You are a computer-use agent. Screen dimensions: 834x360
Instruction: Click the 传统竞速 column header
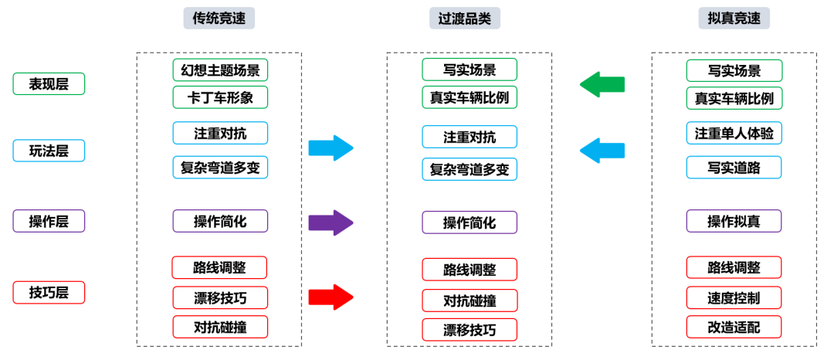coord(219,19)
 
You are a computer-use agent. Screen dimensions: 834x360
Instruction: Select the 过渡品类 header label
coord(465,19)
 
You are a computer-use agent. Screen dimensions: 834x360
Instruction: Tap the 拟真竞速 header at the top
coord(734,19)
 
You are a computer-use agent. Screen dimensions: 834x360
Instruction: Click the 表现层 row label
coord(49,84)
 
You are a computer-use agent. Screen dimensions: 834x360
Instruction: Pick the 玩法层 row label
coord(49,151)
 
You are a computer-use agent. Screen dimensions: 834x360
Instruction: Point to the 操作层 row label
coord(49,221)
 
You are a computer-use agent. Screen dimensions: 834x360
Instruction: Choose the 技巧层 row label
coord(49,293)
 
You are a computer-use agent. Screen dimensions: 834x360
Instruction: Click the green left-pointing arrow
coord(602,84)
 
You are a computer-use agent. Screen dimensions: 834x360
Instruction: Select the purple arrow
coord(331,222)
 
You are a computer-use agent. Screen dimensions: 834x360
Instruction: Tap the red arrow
coord(331,297)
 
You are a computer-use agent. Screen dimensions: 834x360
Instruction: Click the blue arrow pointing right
coord(331,148)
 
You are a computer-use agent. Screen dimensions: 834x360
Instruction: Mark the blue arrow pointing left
coord(602,151)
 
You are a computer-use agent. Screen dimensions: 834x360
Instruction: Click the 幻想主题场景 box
coord(220,70)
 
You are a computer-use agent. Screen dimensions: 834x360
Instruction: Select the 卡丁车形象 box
coord(220,97)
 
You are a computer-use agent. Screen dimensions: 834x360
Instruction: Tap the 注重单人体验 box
coord(734,133)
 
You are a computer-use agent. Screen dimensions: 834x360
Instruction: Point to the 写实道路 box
coord(734,167)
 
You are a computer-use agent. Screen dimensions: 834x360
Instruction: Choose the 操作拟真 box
coord(734,221)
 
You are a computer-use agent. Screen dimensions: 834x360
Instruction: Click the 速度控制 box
coord(734,297)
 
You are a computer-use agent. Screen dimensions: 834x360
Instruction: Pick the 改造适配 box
coord(734,327)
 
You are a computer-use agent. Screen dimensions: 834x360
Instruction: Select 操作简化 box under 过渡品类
coord(470,222)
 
